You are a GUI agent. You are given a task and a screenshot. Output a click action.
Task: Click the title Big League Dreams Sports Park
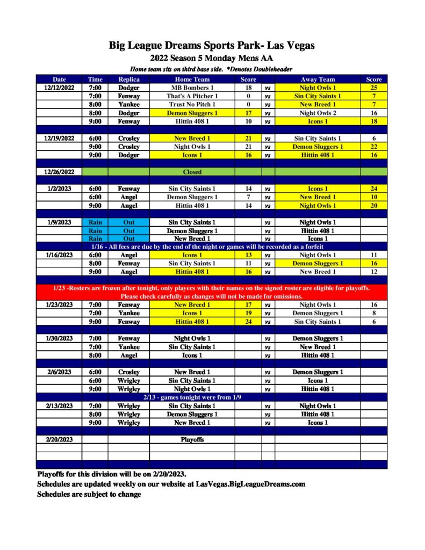click(x=212, y=45)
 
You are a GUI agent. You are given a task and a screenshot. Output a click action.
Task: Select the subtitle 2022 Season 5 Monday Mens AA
click(x=212, y=58)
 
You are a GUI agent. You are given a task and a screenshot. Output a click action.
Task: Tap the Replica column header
click(x=128, y=79)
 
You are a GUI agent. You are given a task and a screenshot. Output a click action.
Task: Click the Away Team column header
click(x=318, y=79)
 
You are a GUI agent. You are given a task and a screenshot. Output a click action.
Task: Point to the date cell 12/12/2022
click(x=59, y=88)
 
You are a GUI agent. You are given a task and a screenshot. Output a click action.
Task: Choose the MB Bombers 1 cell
click(x=192, y=88)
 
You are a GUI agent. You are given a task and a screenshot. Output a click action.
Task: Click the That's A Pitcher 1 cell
click(x=192, y=96)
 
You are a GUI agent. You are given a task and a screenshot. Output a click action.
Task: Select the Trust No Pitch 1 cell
click(x=192, y=105)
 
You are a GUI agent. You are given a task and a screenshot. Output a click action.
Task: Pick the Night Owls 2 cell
click(x=318, y=113)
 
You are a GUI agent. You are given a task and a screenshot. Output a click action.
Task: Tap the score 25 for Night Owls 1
click(x=373, y=88)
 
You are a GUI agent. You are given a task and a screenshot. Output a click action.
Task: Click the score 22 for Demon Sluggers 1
click(x=373, y=147)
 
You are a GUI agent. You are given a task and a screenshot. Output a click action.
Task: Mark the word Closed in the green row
click(x=192, y=172)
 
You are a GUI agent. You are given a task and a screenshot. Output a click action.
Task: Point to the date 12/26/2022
click(x=59, y=172)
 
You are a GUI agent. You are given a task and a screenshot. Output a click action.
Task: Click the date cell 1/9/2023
click(x=59, y=222)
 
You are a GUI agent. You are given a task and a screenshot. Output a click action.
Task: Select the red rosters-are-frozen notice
click(x=212, y=292)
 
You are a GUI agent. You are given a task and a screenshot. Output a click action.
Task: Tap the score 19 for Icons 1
click(x=248, y=313)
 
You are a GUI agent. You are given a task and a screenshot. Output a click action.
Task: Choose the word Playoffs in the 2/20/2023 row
click(x=192, y=439)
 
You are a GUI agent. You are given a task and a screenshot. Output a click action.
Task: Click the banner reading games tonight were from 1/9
click(x=212, y=397)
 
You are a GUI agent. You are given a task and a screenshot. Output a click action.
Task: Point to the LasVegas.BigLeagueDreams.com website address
click(x=250, y=484)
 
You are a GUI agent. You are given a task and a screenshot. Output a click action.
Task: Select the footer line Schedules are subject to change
click(x=89, y=494)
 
